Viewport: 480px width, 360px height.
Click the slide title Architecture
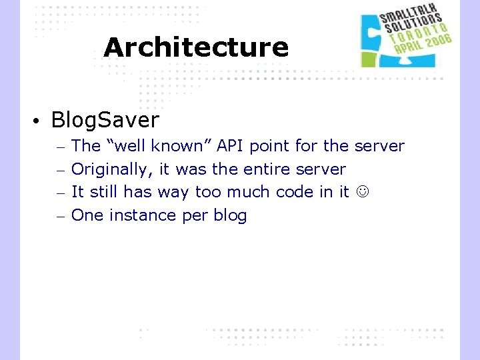(x=196, y=47)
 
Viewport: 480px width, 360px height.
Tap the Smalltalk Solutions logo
(x=405, y=39)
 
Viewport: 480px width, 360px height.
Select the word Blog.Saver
(x=105, y=120)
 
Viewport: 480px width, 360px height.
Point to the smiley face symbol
(x=363, y=193)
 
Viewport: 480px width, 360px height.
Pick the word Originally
(x=112, y=169)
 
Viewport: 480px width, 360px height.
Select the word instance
(x=140, y=215)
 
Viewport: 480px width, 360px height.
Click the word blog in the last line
(x=229, y=215)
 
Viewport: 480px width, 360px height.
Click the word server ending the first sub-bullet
(x=379, y=146)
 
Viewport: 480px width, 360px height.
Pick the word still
(x=103, y=192)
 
